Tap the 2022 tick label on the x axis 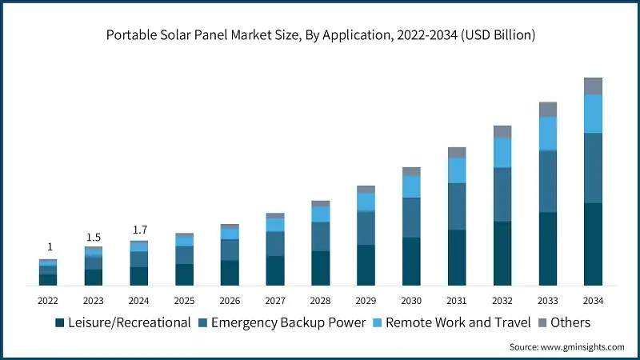47,301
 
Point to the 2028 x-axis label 320,301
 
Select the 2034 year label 593,301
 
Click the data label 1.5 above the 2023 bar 93,238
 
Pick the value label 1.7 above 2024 138,231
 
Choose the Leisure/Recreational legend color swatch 59,323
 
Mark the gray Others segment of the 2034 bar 593,86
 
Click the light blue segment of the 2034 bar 593,114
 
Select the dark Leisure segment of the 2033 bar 547,249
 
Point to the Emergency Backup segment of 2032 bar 502,194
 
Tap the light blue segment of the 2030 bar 411,186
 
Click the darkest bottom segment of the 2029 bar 366,265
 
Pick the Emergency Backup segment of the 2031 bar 457,206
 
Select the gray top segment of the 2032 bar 502,131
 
